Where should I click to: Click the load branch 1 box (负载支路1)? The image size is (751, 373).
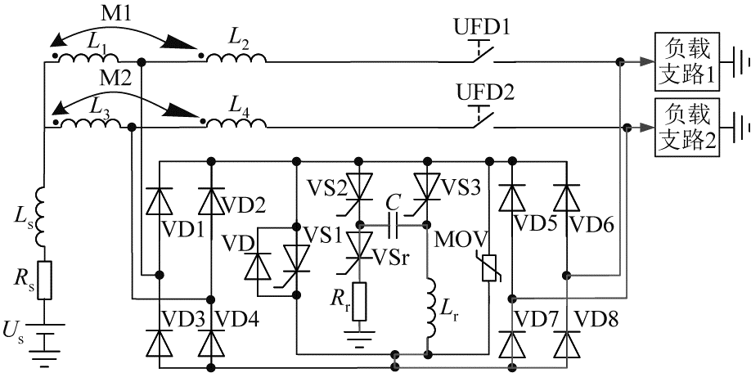(x=687, y=62)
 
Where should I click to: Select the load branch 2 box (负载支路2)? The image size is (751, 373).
(x=687, y=128)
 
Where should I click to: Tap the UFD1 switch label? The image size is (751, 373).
(x=483, y=29)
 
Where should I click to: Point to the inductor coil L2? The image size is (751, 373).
(x=236, y=57)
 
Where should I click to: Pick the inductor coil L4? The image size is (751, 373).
(x=236, y=123)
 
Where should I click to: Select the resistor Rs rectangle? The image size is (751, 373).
(x=44, y=280)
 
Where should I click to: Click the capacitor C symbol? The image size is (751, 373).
(x=393, y=225)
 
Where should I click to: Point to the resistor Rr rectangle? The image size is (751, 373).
(x=360, y=302)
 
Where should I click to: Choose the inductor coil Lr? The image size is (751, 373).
(x=431, y=307)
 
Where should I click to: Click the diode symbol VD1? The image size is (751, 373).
(x=159, y=201)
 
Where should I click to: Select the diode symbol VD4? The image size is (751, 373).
(x=209, y=344)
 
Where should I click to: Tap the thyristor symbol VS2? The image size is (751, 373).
(x=359, y=187)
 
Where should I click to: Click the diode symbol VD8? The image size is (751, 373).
(x=567, y=344)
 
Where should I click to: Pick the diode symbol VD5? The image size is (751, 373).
(x=511, y=198)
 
